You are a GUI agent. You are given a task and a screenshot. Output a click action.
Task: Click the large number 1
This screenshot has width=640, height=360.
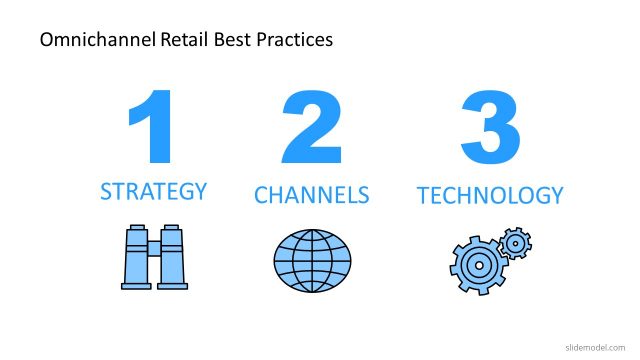pyautogui.click(x=152, y=128)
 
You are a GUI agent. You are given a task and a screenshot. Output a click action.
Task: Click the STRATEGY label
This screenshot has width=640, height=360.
pyautogui.click(x=153, y=191)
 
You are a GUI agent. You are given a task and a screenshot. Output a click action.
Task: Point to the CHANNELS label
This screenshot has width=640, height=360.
pyautogui.click(x=312, y=194)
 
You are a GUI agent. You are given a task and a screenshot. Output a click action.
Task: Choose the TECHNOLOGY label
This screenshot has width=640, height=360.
pyautogui.click(x=490, y=194)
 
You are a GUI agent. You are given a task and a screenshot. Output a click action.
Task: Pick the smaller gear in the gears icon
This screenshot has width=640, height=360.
pyautogui.click(x=514, y=243)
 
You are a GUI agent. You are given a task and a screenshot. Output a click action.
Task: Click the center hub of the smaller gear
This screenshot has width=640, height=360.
pyautogui.click(x=514, y=243)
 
